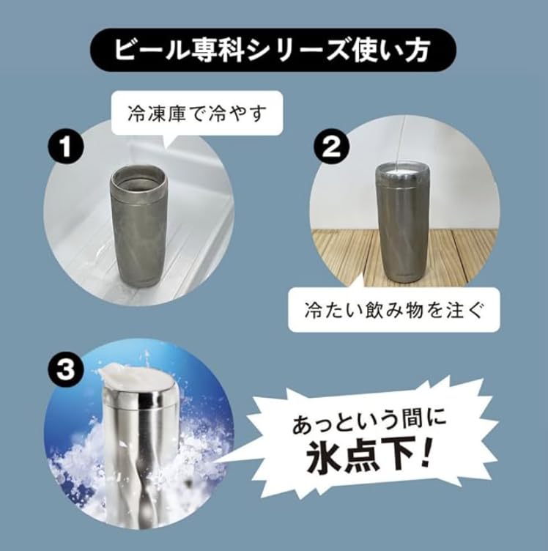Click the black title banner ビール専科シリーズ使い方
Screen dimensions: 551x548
[274, 52]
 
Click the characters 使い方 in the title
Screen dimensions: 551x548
[399, 52]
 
